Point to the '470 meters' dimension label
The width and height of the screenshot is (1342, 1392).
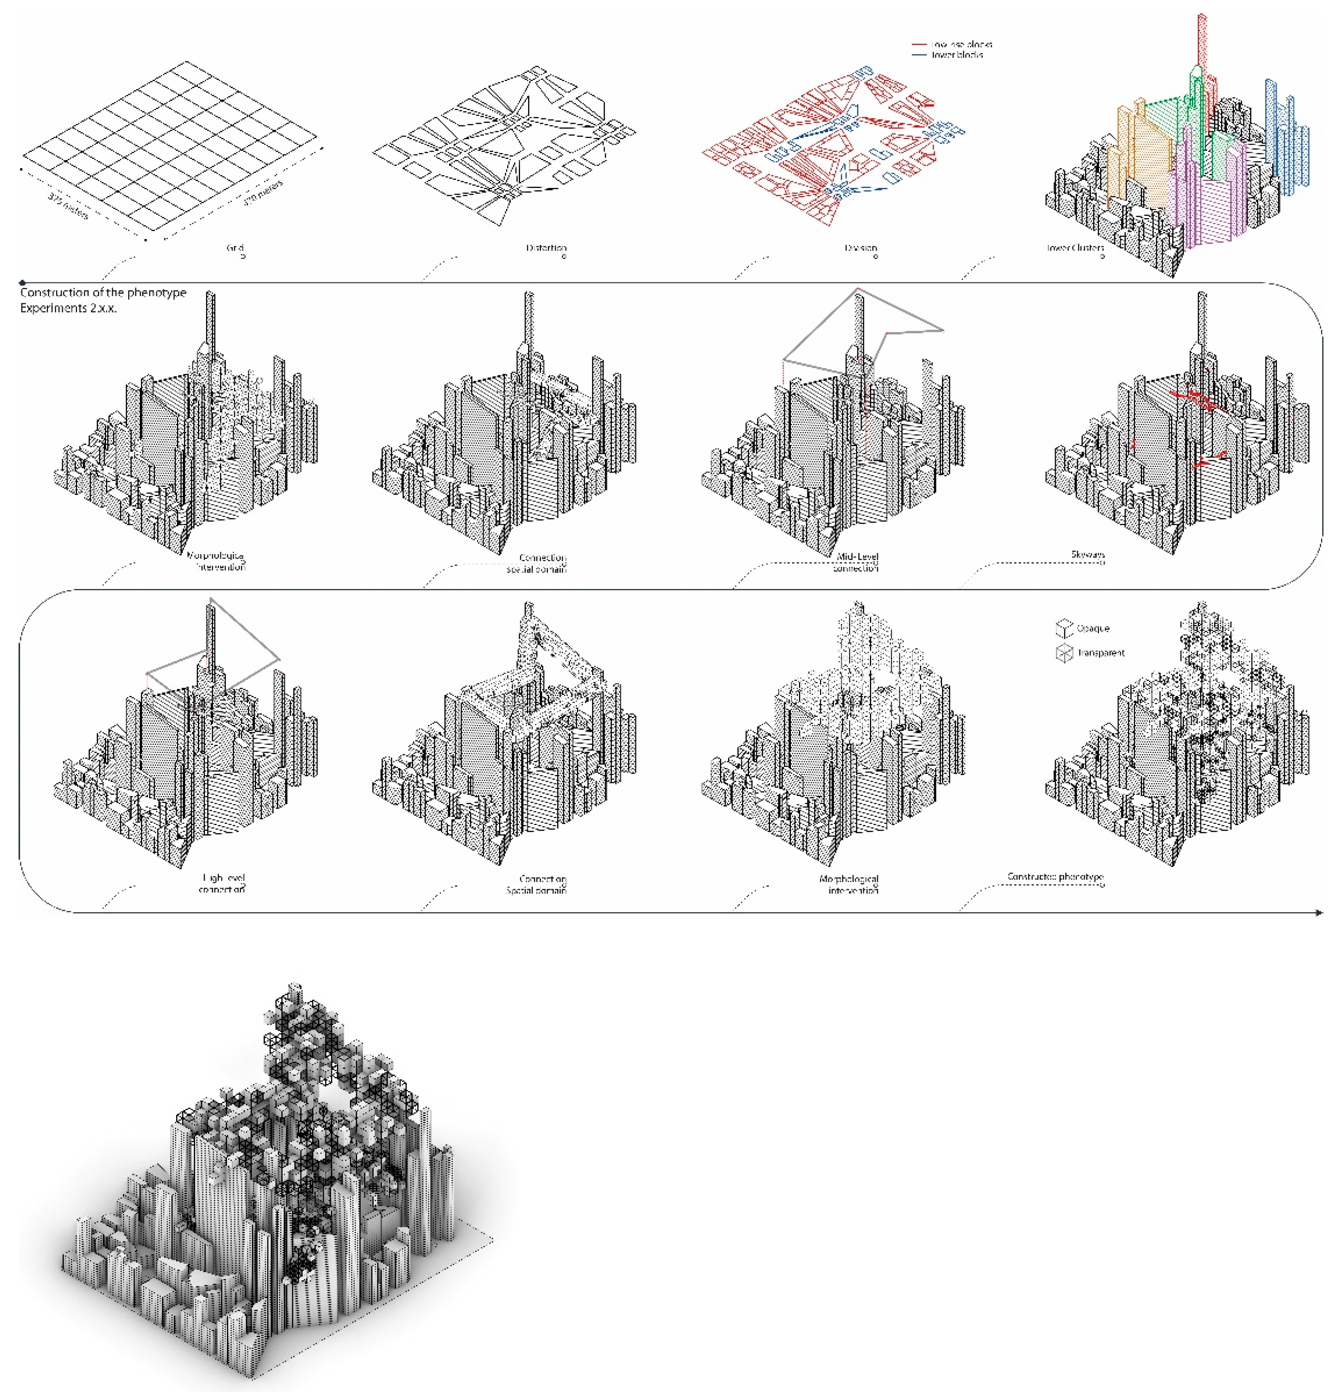pyautogui.click(x=263, y=192)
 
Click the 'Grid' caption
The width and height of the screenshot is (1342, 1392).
pyautogui.click(x=235, y=248)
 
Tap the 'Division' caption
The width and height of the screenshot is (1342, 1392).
pyautogui.click(x=861, y=248)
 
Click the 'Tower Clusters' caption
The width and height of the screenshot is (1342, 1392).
pyautogui.click(x=1075, y=248)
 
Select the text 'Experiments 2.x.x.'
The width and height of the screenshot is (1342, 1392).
pyautogui.click(x=68, y=308)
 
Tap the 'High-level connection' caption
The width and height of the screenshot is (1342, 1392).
pyautogui.click(x=222, y=883)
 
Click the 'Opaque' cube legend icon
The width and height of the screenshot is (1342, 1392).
pyautogui.click(x=1064, y=628)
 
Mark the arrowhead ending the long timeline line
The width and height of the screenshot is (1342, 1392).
pyautogui.click(x=1319, y=912)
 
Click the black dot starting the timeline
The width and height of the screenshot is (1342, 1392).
pyautogui.click(x=23, y=283)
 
